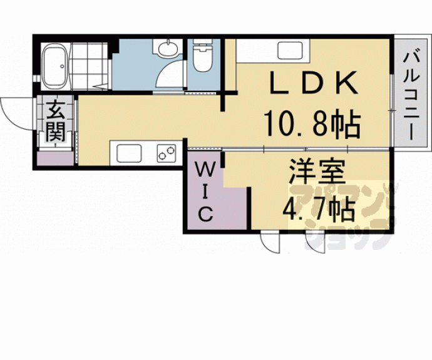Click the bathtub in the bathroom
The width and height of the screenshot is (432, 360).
click(x=55, y=66)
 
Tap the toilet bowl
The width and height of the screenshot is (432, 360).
click(x=202, y=58)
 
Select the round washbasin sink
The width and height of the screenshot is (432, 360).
click(x=167, y=49)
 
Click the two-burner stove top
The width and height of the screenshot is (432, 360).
click(x=167, y=153)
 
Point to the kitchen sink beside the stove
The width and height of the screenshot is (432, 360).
click(x=129, y=153)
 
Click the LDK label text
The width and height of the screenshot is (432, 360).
click(x=314, y=83)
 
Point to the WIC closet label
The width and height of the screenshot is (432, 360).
click(x=205, y=192)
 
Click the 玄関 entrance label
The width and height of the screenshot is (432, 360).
click(x=56, y=121)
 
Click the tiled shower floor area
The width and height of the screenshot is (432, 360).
click(x=90, y=66)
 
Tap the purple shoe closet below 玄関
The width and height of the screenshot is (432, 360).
click(x=55, y=158)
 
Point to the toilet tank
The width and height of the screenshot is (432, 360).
click(x=202, y=41)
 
